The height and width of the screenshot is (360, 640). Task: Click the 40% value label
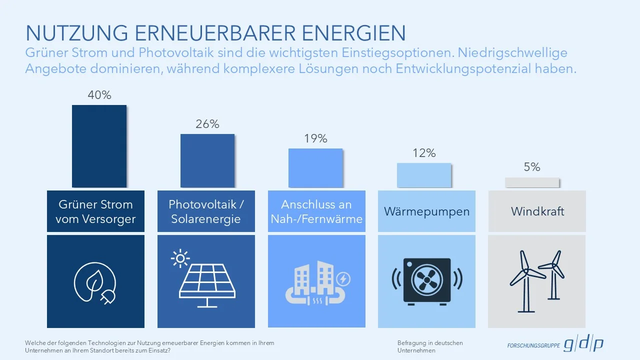(x=99, y=95)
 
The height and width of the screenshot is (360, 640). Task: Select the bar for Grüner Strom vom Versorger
(x=99, y=146)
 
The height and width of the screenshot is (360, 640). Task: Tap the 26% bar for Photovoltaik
(x=207, y=160)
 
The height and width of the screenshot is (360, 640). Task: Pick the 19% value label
(x=316, y=138)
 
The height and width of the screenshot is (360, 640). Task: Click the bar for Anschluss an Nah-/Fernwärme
(x=315, y=168)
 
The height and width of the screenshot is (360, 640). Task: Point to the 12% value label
(x=424, y=153)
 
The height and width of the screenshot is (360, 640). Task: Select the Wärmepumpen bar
(x=424, y=175)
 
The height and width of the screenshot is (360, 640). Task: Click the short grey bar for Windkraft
(x=532, y=182)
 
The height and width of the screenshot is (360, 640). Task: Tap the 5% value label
(x=532, y=167)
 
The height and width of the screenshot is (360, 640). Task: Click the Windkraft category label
(x=537, y=211)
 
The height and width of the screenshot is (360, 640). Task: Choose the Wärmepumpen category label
(x=426, y=211)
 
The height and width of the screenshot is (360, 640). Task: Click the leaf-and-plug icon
(x=95, y=283)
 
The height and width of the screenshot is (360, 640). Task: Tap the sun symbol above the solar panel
(x=180, y=258)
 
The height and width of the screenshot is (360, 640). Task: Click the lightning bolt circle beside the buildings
(x=344, y=278)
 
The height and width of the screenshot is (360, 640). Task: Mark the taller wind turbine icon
(x=523, y=280)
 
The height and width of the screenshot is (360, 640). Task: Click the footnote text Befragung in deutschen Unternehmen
(x=430, y=346)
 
